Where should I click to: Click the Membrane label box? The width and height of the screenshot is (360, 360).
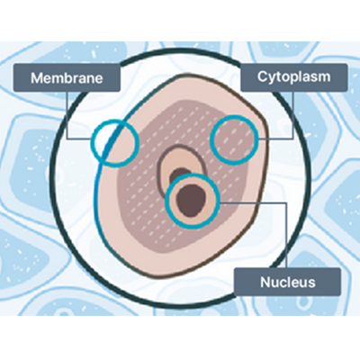pyautogui.click(x=67, y=77)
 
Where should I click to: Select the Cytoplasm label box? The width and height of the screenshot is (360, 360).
pyautogui.click(x=294, y=77)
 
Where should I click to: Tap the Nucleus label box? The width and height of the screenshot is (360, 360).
pyautogui.click(x=287, y=282)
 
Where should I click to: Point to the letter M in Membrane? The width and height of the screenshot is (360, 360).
pyautogui.click(x=36, y=78)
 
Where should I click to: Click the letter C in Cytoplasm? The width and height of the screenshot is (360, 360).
pyautogui.click(x=262, y=76)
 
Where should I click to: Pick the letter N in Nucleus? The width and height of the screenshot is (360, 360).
pyautogui.click(x=265, y=282)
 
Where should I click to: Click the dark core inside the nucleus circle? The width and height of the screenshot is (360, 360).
pyautogui.click(x=191, y=201)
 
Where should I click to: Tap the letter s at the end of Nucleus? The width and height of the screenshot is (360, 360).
pyautogui.click(x=311, y=283)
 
